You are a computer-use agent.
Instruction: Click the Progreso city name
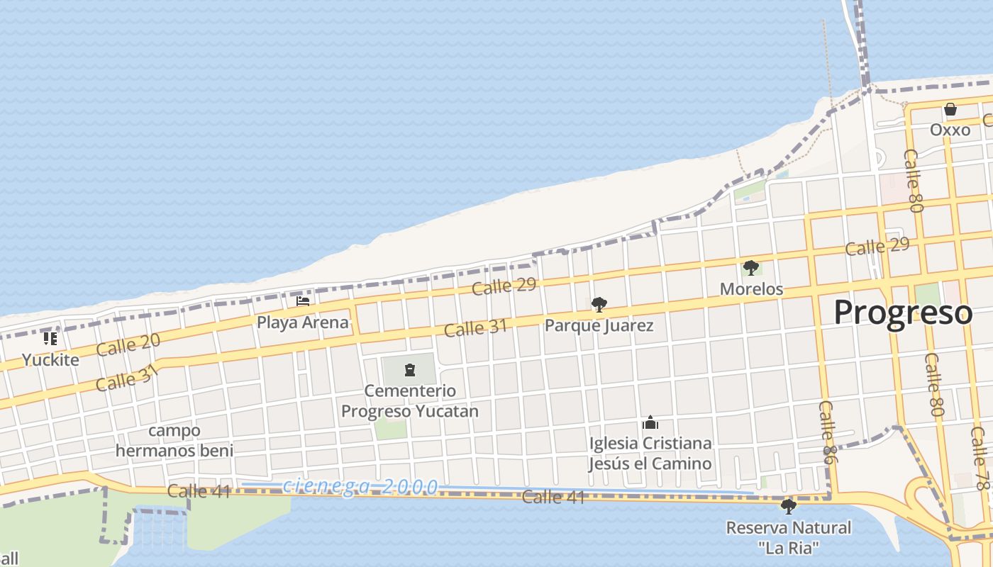(x=902, y=313)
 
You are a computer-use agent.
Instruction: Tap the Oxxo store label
(x=950, y=130)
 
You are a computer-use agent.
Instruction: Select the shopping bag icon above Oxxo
(x=950, y=110)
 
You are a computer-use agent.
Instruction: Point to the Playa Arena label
(x=303, y=322)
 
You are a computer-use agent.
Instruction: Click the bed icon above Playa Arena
(x=303, y=301)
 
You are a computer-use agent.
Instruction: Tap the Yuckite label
(x=50, y=359)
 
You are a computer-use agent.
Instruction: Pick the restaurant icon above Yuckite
(x=50, y=339)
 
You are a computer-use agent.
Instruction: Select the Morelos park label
(x=751, y=289)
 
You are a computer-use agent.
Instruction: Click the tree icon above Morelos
(x=751, y=268)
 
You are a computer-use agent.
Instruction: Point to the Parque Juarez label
(x=599, y=326)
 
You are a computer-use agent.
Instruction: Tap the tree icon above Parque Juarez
(x=599, y=305)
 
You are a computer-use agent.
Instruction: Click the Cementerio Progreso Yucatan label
(x=409, y=401)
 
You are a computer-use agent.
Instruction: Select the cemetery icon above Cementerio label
(x=409, y=369)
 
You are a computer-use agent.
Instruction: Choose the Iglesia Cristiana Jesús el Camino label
(x=650, y=454)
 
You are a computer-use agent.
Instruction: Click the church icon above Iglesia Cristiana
(x=650, y=423)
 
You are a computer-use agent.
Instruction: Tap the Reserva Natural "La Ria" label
(x=788, y=537)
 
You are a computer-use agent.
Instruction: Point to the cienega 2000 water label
(x=360, y=487)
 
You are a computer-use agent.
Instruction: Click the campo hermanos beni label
(x=174, y=440)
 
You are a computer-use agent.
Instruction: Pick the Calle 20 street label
(x=128, y=344)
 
